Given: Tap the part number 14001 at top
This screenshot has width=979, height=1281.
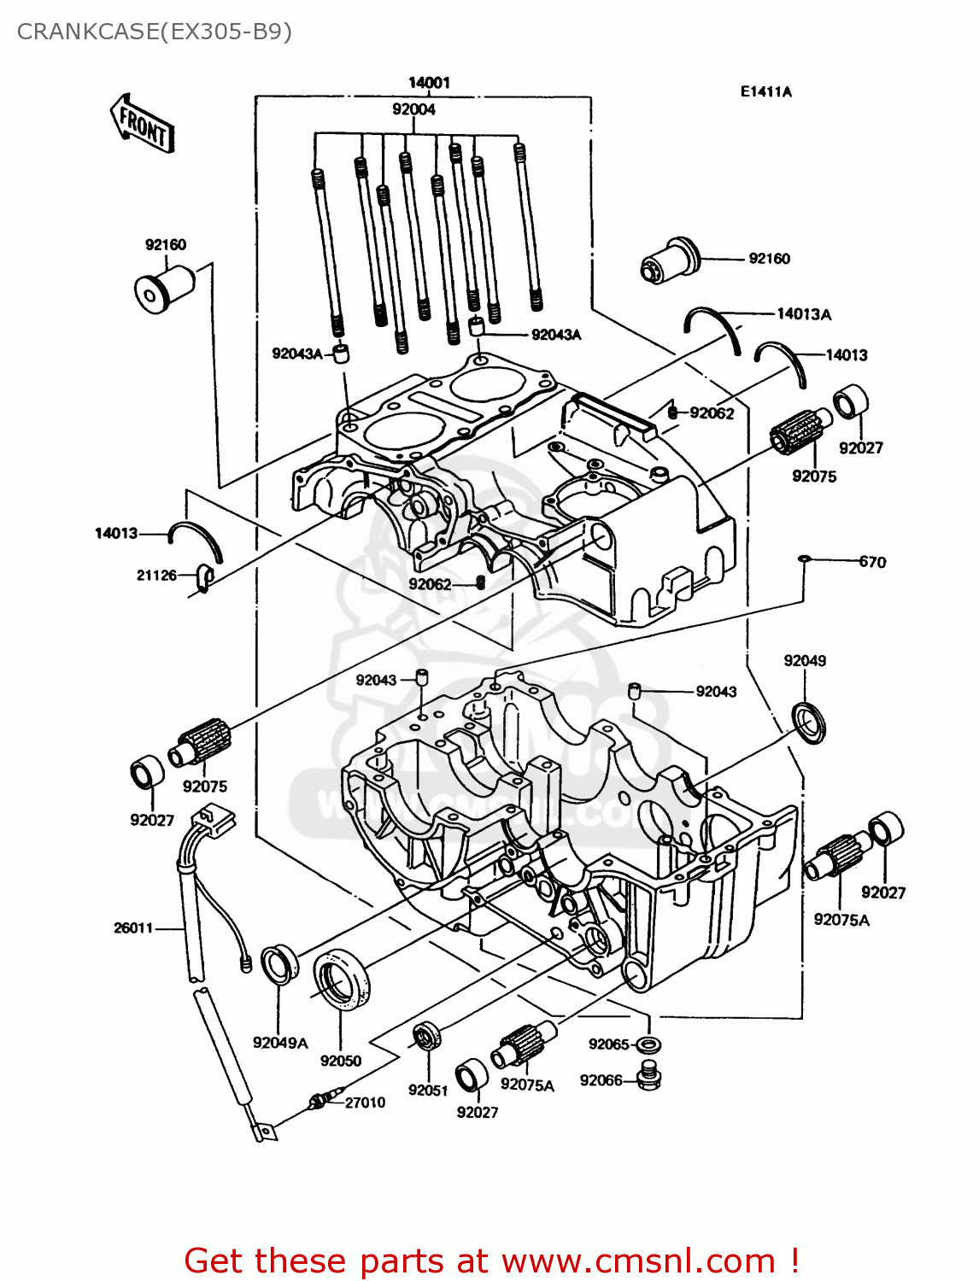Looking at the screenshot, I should [x=429, y=82].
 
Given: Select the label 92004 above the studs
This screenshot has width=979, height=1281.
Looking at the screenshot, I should [x=413, y=109].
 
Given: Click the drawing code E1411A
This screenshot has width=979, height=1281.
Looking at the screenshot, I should [x=765, y=91].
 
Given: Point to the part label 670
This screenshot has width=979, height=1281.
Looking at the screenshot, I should [x=872, y=562].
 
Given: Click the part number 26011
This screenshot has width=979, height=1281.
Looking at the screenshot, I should [x=133, y=927].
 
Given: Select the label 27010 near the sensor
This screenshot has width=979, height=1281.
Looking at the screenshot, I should [x=365, y=1103].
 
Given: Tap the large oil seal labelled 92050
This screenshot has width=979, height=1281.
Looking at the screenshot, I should [x=342, y=980].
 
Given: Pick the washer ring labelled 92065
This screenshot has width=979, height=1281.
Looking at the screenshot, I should [x=648, y=1044].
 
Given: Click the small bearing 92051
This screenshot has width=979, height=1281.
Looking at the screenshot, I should [x=425, y=1036].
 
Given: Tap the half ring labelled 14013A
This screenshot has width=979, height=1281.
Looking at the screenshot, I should [x=712, y=326].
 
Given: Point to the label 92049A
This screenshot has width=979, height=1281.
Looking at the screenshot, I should [x=280, y=1043].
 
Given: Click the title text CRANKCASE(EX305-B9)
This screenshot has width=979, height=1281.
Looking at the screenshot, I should [x=155, y=32].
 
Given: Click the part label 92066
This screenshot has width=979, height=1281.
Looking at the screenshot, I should [x=601, y=1080].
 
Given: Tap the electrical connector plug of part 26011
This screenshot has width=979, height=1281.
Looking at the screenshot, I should [x=214, y=822].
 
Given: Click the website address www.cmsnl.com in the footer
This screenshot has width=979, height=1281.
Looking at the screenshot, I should [x=637, y=1261].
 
